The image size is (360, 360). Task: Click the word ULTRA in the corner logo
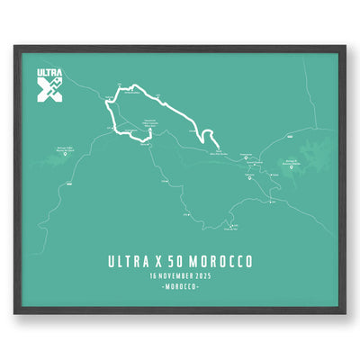50,74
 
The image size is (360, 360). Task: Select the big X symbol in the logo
49,90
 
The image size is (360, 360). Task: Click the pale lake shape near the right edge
316,157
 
